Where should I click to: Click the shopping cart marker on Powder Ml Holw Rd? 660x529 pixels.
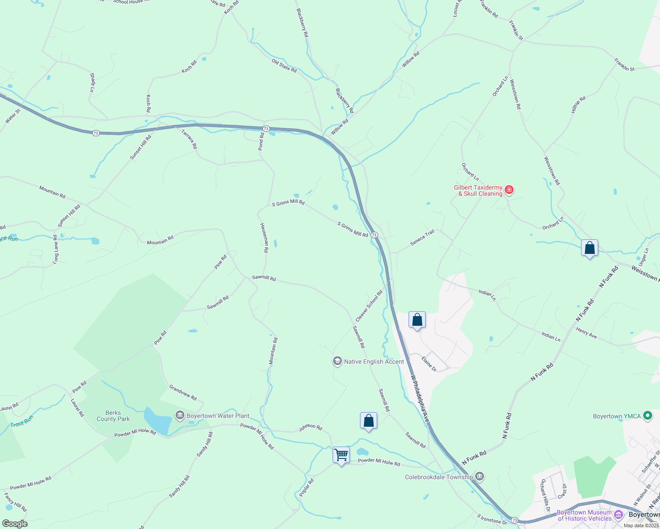pos(341,455)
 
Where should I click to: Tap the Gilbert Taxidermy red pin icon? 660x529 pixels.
pos(509,190)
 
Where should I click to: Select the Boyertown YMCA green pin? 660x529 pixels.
pos(648,416)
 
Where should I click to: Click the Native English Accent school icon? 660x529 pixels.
pos(337,361)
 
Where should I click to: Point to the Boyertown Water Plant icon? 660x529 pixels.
pos(180,415)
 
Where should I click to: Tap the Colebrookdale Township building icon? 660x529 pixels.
pos(480,477)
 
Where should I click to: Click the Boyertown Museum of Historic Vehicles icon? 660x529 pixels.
pos(619,515)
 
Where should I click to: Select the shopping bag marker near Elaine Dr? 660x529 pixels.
pos(417,320)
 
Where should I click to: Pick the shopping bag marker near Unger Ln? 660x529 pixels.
pos(589,248)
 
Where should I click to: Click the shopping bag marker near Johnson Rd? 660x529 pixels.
pos(368,421)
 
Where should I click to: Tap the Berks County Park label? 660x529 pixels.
pos(113,416)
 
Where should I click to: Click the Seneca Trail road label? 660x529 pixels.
pos(422,238)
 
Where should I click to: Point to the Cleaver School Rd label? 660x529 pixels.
pos(369,305)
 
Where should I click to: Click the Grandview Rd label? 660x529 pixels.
pos(183,392)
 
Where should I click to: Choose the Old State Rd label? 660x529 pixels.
pos(284,66)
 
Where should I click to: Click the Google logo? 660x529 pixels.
pos(15,524)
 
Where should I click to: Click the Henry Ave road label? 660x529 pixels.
pos(586,333)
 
